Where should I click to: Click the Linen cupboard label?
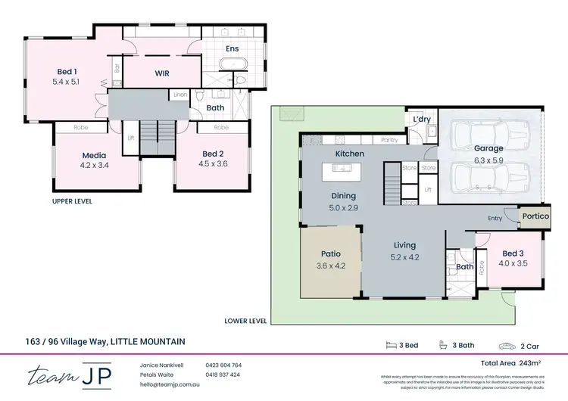click(x=179, y=95)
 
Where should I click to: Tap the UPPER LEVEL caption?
click(x=73, y=202)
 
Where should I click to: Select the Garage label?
click(x=488, y=148)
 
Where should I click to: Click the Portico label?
click(x=536, y=216)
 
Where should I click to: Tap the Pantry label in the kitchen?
click(x=389, y=140)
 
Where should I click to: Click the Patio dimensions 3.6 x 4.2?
click(x=330, y=266)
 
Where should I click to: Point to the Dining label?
click(x=342, y=195)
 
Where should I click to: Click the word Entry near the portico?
click(x=495, y=219)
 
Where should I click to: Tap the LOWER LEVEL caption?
click(x=245, y=320)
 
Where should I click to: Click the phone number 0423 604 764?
click(x=223, y=365)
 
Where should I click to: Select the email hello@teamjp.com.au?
click(x=173, y=384)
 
